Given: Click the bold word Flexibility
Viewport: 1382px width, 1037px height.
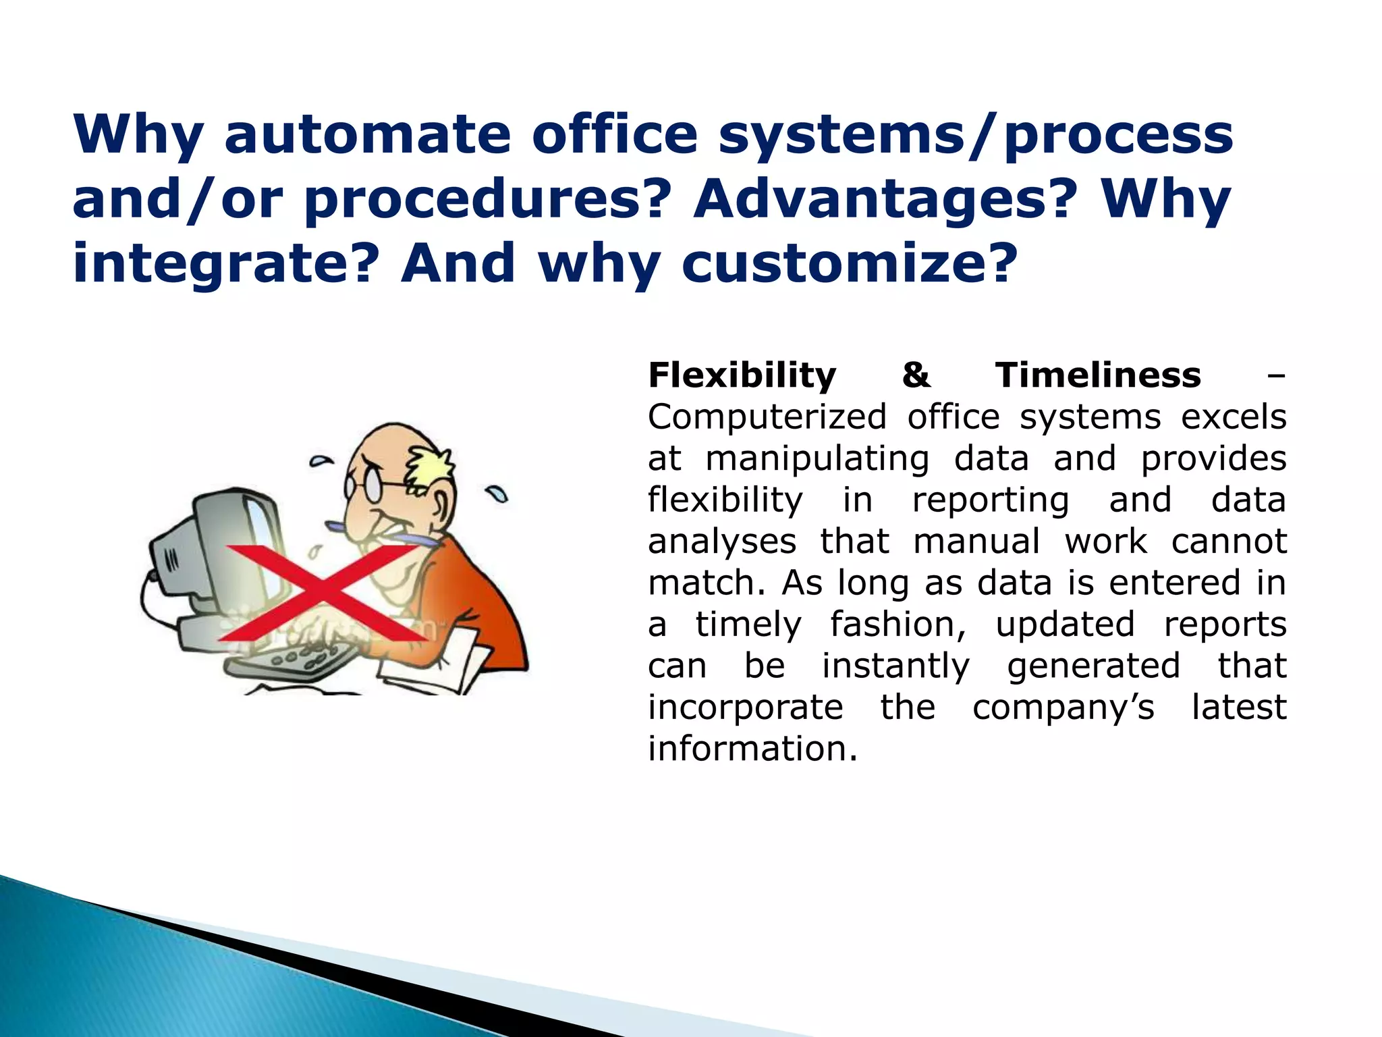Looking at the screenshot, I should [x=742, y=376].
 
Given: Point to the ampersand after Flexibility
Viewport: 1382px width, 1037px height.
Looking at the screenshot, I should [x=916, y=375].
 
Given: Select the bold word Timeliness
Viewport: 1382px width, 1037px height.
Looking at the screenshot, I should [x=1098, y=375].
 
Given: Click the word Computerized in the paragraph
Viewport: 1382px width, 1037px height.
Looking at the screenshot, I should [x=767, y=418].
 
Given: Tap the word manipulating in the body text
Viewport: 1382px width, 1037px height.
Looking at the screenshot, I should [x=817, y=460].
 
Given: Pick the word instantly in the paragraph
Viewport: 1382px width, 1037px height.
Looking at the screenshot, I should [x=895, y=666].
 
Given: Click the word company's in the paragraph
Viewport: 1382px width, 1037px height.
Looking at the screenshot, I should [x=1063, y=708].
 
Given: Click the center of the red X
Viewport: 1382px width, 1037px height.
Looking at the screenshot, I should [x=323, y=593].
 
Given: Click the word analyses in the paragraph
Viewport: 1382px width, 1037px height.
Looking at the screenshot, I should [x=721, y=542].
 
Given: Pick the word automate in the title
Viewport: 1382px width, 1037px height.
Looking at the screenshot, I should [x=367, y=134].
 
